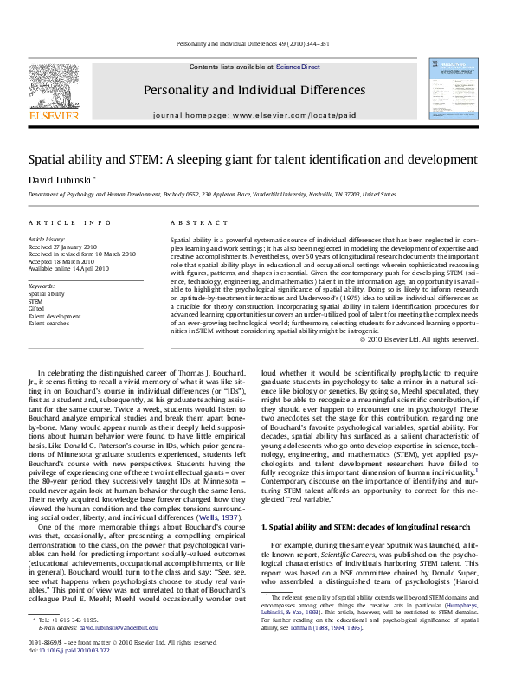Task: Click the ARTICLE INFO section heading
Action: [x=63, y=222]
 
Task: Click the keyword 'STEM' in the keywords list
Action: [x=36, y=301]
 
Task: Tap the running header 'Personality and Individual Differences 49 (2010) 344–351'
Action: [x=257, y=42]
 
